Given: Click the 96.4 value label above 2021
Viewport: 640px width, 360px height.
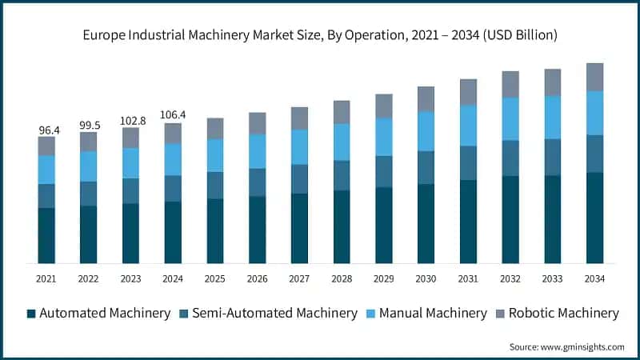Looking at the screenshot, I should pyautogui.click(x=46, y=130).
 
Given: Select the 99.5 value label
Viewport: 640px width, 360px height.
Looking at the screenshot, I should pyautogui.click(x=88, y=126).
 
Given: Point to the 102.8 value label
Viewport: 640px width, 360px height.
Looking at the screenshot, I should pyautogui.click(x=130, y=120).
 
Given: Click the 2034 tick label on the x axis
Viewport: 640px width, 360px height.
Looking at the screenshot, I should pyautogui.click(x=594, y=278).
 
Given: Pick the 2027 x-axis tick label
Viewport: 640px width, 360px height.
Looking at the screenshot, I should pyautogui.click(x=299, y=278).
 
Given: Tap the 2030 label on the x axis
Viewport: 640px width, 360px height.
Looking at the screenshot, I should pyautogui.click(x=426, y=278).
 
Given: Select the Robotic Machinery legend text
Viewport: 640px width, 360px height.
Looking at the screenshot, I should pyautogui.click(x=563, y=314).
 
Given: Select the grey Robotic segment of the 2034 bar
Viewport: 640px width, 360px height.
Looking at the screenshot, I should pyautogui.click(x=594, y=77).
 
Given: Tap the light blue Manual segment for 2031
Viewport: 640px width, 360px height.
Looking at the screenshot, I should pyautogui.click(x=468, y=126).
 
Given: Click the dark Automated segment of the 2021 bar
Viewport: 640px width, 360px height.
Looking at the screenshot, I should pyautogui.click(x=46, y=235).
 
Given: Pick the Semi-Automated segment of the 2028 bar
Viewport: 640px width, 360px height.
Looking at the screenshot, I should pyautogui.click(x=342, y=175).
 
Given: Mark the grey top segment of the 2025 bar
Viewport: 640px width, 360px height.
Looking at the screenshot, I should pyautogui.click(x=215, y=129).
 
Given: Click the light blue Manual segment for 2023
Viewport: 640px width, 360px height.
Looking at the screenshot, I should pyautogui.click(x=130, y=163).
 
